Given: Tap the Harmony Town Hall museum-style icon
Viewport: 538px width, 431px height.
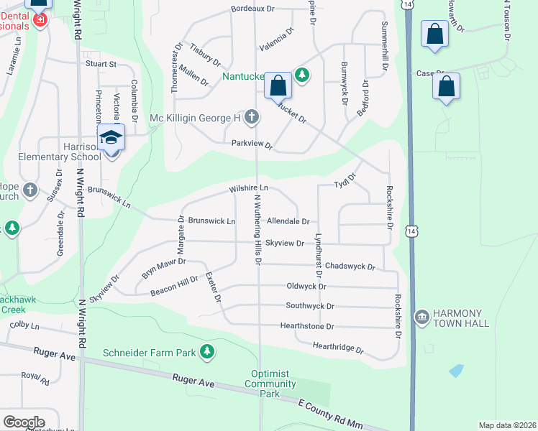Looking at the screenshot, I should (421, 316).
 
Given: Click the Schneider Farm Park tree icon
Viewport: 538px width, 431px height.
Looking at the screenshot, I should (207, 351).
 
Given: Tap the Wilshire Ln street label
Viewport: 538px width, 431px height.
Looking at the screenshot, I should (248, 188).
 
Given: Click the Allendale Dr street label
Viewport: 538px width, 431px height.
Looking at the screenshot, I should (288, 223).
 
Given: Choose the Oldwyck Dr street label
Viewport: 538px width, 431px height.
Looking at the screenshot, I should (306, 286).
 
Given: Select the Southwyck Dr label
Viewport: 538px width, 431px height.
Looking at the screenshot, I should (310, 306).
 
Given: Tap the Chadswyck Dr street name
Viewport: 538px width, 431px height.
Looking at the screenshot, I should (350, 267).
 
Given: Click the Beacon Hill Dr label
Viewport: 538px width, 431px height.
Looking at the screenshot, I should (174, 287).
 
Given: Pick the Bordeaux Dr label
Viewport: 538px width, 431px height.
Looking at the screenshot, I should (253, 9).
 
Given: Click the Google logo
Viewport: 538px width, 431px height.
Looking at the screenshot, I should (24, 422).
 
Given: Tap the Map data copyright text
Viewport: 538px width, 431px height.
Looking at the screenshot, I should (507, 425).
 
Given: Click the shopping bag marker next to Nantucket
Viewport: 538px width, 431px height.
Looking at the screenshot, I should (278, 85).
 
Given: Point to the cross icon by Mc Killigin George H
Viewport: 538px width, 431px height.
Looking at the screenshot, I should (252, 116).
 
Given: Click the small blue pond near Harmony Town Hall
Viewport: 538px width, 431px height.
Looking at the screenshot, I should (455, 371).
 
